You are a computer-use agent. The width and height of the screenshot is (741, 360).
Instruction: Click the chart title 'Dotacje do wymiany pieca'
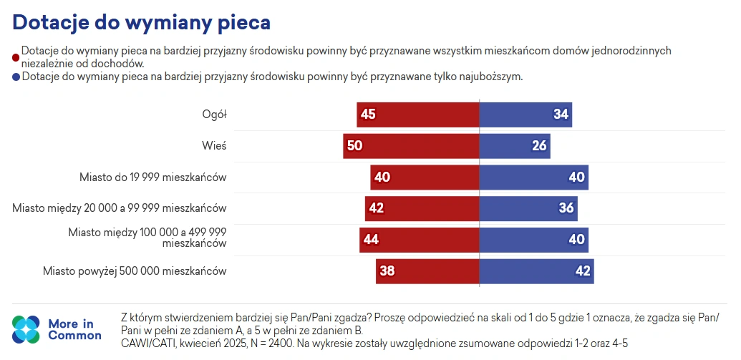coord(141,22)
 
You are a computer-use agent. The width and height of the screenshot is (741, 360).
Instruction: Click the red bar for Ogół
coord(417,115)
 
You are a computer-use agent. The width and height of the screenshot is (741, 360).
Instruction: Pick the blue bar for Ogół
coord(525,115)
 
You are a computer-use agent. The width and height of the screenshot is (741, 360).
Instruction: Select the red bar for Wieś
coord(410,146)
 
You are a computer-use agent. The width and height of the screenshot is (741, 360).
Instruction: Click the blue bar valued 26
coord(514,146)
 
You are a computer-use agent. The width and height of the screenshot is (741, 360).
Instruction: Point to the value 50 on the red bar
coord(354,146)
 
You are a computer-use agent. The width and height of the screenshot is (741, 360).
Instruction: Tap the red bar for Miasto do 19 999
coord(424,177)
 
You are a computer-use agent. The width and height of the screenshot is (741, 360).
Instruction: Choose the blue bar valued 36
coord(528,208)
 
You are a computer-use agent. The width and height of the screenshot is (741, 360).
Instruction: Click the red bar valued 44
coord(419,240)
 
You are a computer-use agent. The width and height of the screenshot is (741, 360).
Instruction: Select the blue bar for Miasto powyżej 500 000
coord(536,271)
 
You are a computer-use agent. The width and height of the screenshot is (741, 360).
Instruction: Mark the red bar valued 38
coord(427,271)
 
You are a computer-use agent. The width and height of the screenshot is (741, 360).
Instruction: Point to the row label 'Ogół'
coord(214,115)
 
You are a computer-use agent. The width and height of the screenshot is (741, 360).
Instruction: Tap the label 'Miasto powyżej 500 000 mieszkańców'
coord(135,271)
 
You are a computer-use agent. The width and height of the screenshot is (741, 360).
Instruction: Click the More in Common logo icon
coord(26,329)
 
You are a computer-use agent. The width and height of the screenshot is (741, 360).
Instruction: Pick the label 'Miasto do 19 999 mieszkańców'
coord(153,177)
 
